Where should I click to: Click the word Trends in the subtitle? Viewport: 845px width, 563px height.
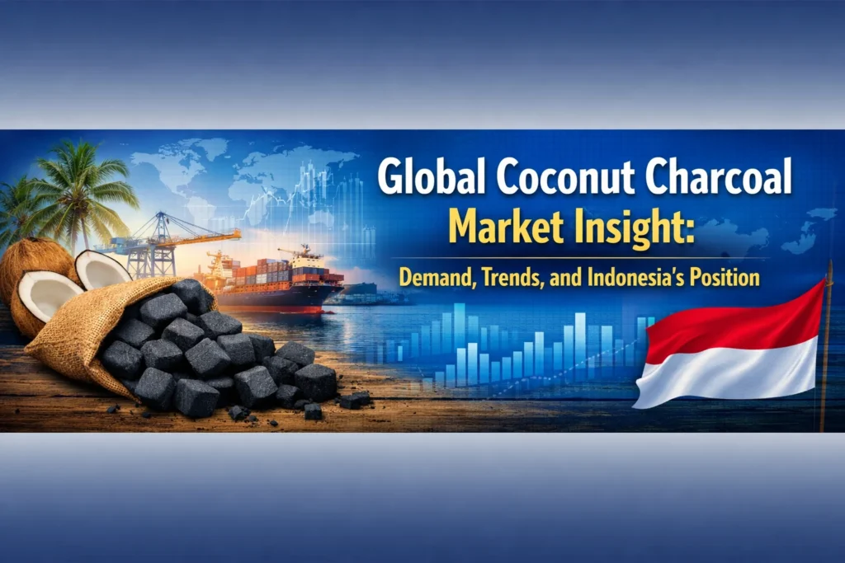click(522, 278)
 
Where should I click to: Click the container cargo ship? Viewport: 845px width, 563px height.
click(281, 284)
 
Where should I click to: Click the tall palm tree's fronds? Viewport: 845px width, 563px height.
click(87, 177)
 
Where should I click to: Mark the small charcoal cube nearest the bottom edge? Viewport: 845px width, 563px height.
click(313, 411)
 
